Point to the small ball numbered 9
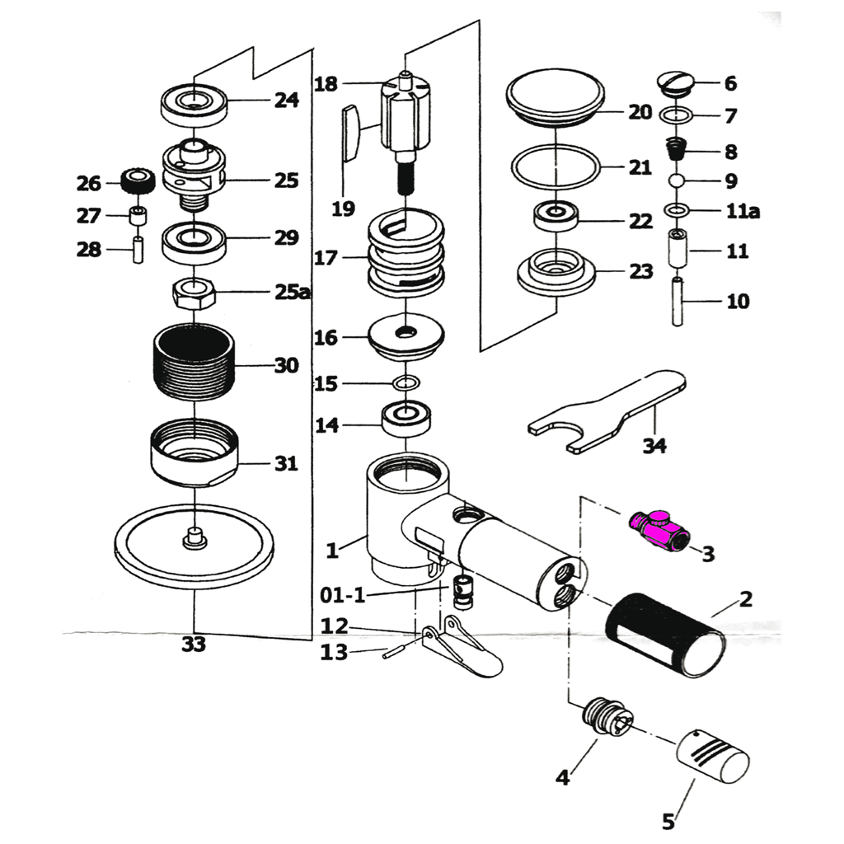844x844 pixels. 676,181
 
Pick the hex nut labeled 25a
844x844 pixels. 194,292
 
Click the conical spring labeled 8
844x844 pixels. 676,151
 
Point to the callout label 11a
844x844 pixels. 743,212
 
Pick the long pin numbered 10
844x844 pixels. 678,302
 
